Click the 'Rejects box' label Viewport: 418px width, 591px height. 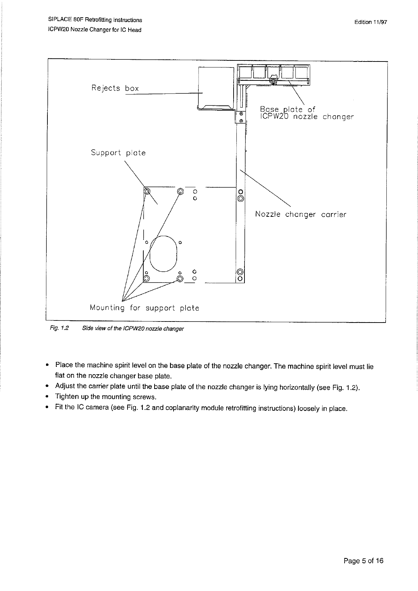point(115,88)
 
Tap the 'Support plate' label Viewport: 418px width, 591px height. point(118,153)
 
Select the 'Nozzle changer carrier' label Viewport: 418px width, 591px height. point(300,214)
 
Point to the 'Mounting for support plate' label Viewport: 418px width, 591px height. point(144,308)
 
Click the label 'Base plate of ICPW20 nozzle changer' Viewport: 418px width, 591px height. point(306,113)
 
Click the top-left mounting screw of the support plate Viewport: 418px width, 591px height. point(147,191)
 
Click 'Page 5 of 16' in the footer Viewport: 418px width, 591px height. point(363,560)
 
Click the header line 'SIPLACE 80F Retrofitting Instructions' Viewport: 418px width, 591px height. point(95,20)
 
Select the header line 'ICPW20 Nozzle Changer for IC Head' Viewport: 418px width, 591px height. point(94,30)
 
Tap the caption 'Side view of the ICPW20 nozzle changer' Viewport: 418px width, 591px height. point(133,329)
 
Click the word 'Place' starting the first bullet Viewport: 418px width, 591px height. point(64,365)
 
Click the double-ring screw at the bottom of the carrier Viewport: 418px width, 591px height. point(240,272)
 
